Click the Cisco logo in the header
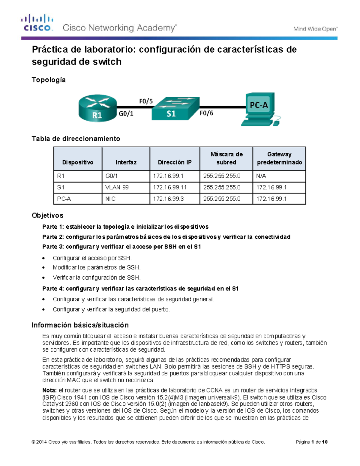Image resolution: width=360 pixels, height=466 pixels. (x=37, y=23)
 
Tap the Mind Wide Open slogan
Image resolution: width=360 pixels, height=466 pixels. (x=315, y=29)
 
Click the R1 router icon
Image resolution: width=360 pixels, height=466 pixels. (x=97, y=108)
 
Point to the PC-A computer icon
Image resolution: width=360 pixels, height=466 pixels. (x=260, y=109)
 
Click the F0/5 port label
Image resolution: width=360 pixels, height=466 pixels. (x=146, y=101)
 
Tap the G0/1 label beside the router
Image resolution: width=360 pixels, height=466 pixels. (x=126, y=113)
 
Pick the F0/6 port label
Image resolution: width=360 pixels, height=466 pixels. (x=206, y=113)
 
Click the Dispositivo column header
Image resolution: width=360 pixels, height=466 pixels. (x=78, y=162)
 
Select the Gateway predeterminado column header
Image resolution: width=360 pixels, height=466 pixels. (x=279, y=158)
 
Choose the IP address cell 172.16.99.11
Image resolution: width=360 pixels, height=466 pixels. (x=170, y=188)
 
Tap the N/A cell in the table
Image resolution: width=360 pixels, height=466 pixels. (x=261, y=176)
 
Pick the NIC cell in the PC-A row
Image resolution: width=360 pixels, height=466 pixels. (x=110, y=199)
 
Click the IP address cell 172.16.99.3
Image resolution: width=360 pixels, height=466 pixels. (x=168, y=199)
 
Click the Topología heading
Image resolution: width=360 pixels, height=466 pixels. (x=49, y=80)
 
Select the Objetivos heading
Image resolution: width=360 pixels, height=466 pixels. (x=47, y=215)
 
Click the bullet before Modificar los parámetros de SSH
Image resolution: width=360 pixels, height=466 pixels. (x=44, y=268)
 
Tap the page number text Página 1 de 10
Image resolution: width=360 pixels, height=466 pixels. (x=311, y=442)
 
